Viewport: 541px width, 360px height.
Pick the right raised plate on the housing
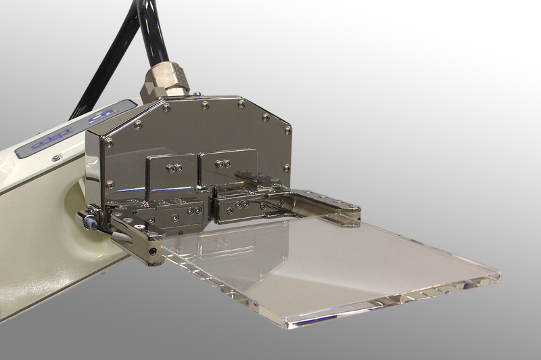coord(227,165)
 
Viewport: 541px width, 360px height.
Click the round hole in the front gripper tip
coord(157,251)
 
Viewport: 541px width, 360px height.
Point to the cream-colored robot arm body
coord(41,203)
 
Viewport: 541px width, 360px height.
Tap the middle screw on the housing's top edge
coord(205,105)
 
